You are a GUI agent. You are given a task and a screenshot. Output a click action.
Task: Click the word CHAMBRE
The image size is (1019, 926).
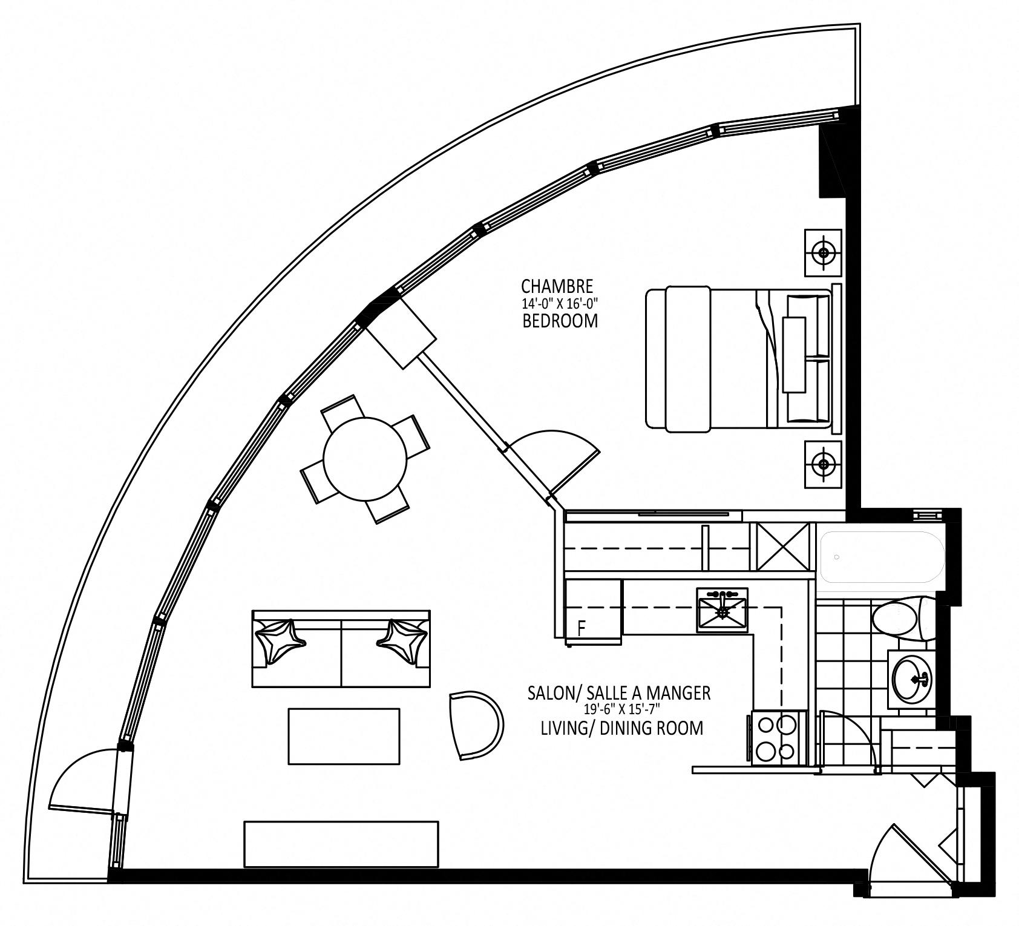pyautogui.click(x=557, y=286)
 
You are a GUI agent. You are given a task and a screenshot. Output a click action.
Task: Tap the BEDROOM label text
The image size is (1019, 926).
pyautogui.click(x=560, y=321)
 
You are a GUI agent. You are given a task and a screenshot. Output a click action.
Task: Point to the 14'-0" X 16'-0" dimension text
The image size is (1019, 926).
pyautogui.click(x=560, y=303)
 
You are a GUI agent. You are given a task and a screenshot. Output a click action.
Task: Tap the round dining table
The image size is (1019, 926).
pyautogui.click(x=365, y=459)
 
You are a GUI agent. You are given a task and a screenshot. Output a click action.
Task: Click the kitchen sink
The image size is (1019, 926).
pyautogui.click(x=722, y=609)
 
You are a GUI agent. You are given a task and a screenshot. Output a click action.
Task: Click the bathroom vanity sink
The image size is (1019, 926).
pyautogui.click(x=912, y=678)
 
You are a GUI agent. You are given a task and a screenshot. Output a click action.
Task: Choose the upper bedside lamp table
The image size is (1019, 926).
pyautogui.click(x=823, y=252)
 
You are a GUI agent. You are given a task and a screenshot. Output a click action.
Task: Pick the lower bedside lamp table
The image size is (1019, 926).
pyautogui.click(x=823, y=464)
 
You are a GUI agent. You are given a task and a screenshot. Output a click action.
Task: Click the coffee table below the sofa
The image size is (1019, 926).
pyautogui.click(x=344, y=737)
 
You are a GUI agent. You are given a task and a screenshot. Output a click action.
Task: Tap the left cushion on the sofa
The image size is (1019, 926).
pyautogui.click(x=279, y=640)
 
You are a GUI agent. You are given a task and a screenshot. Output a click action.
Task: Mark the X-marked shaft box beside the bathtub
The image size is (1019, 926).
pyautogui.click(x=780, y=547)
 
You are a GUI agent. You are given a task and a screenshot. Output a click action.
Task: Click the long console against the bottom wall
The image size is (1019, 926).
pyautogui.click(x=341, y=844)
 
